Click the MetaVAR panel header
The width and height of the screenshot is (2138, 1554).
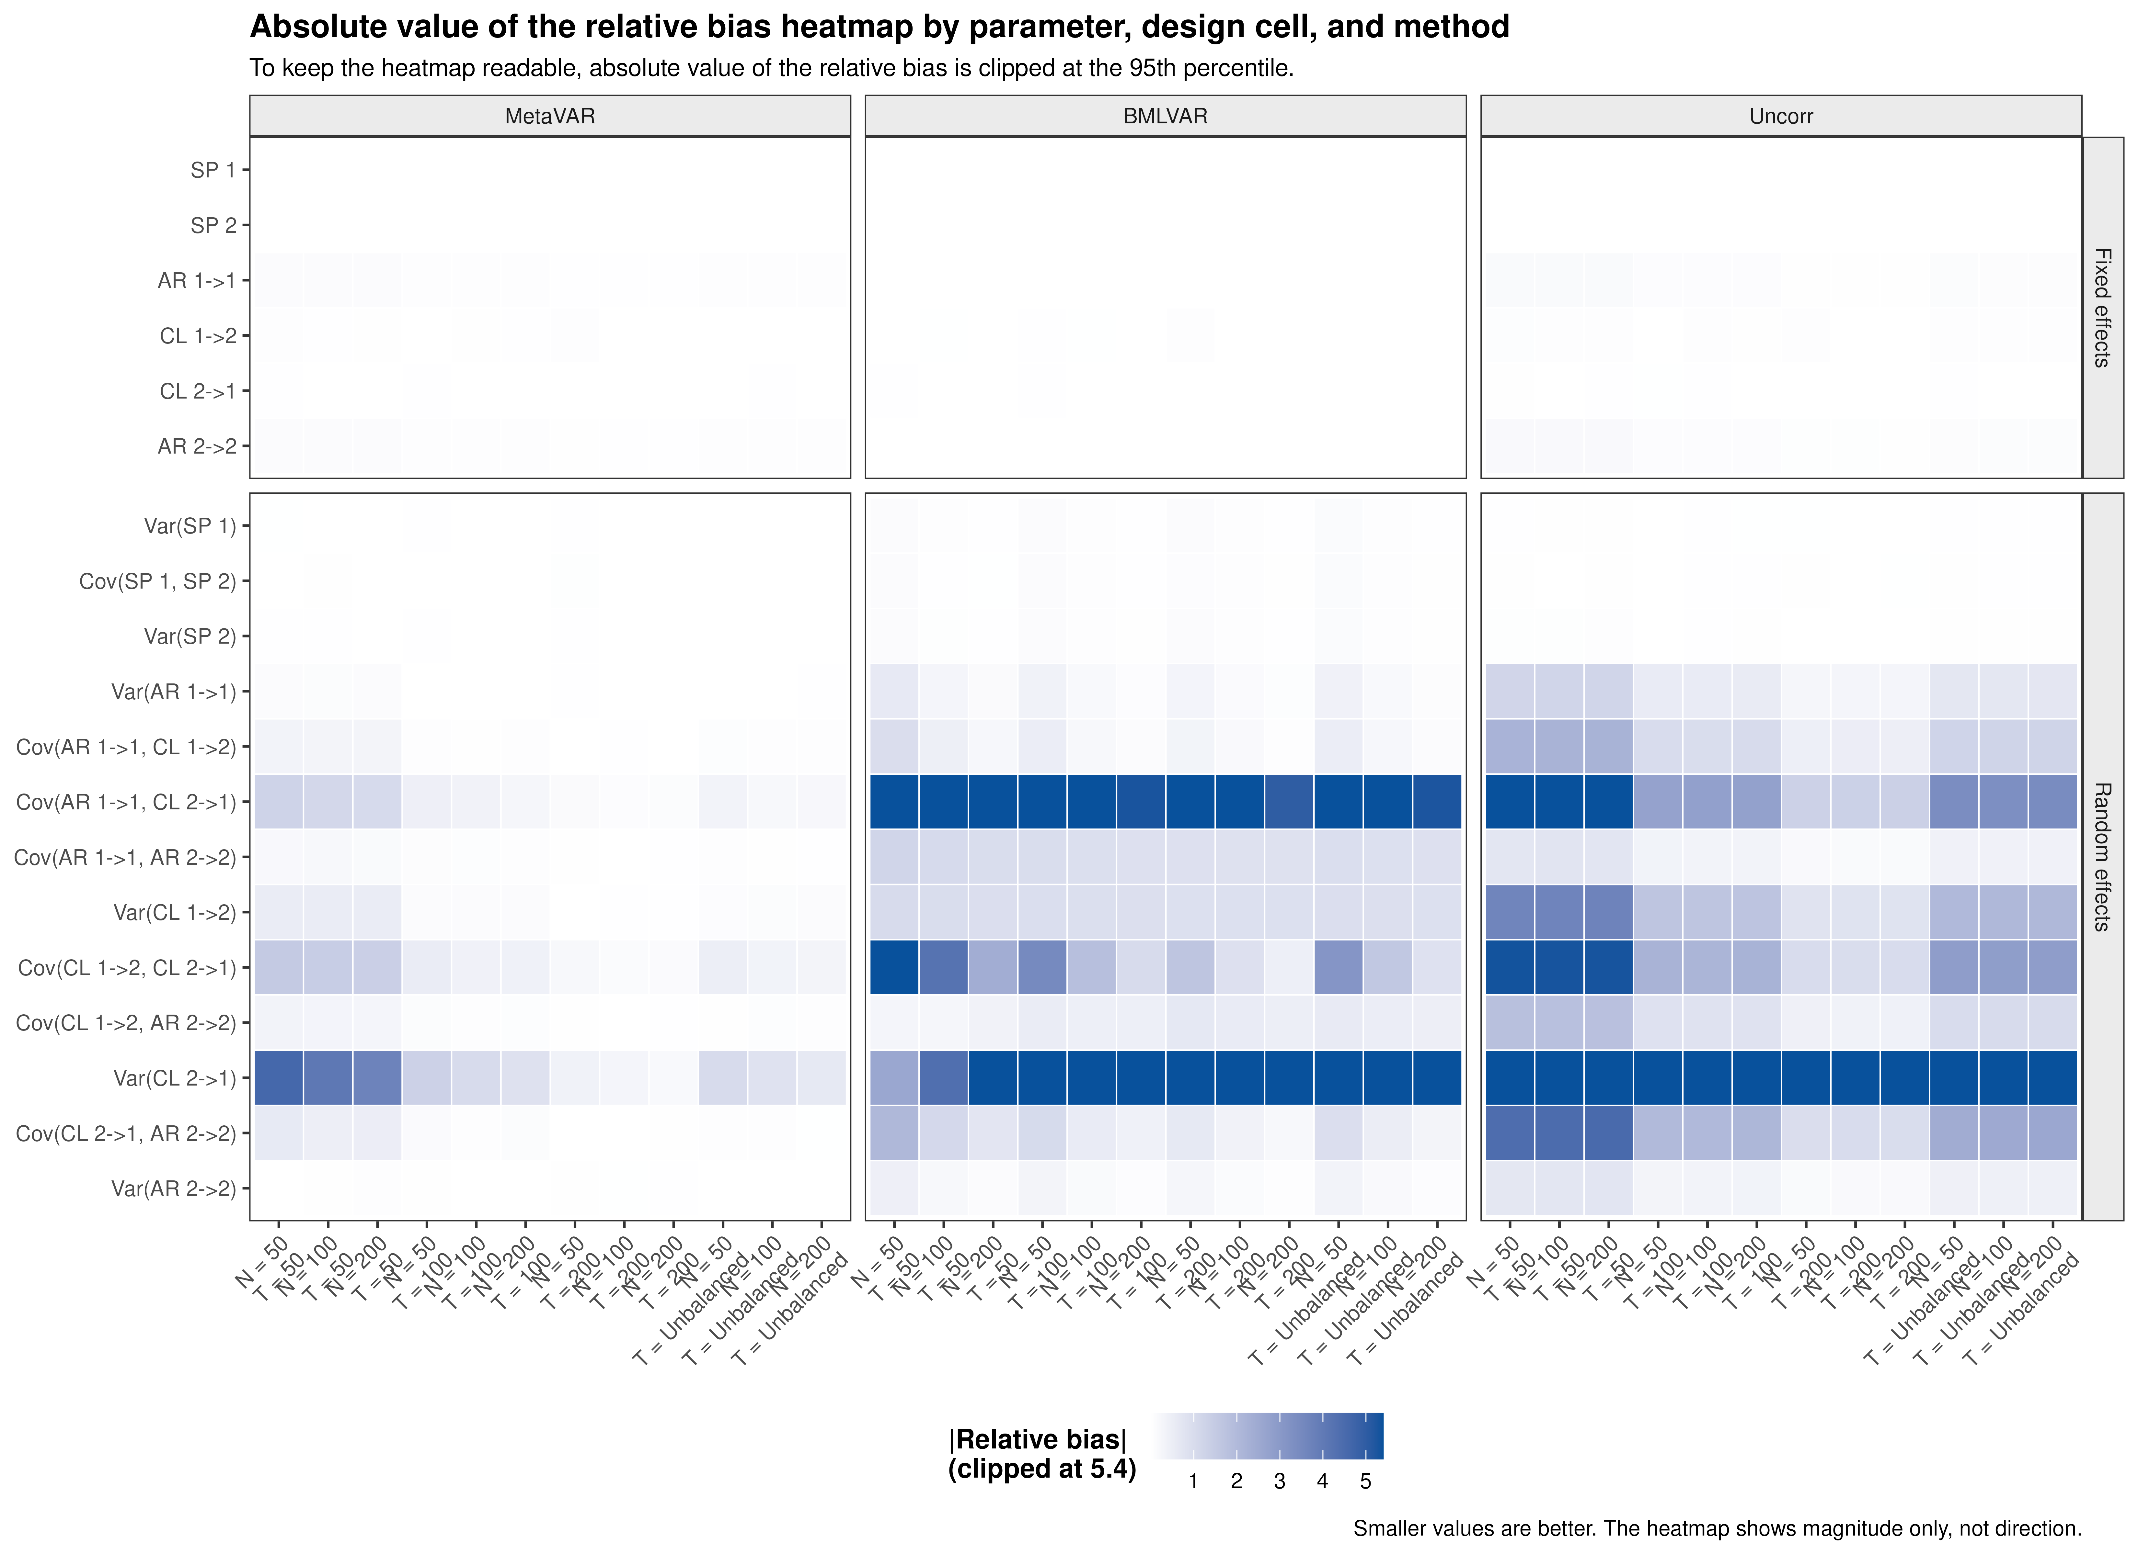(550, 116)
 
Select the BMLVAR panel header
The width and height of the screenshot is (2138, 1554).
(1165, 116)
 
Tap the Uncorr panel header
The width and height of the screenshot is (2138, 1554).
(1781, 116)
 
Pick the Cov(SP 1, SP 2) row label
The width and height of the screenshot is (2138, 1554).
(157, 581)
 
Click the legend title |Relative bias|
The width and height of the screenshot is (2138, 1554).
(1037, 1440)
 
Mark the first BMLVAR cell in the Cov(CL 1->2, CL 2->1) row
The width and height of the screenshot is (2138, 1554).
(894, 968)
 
